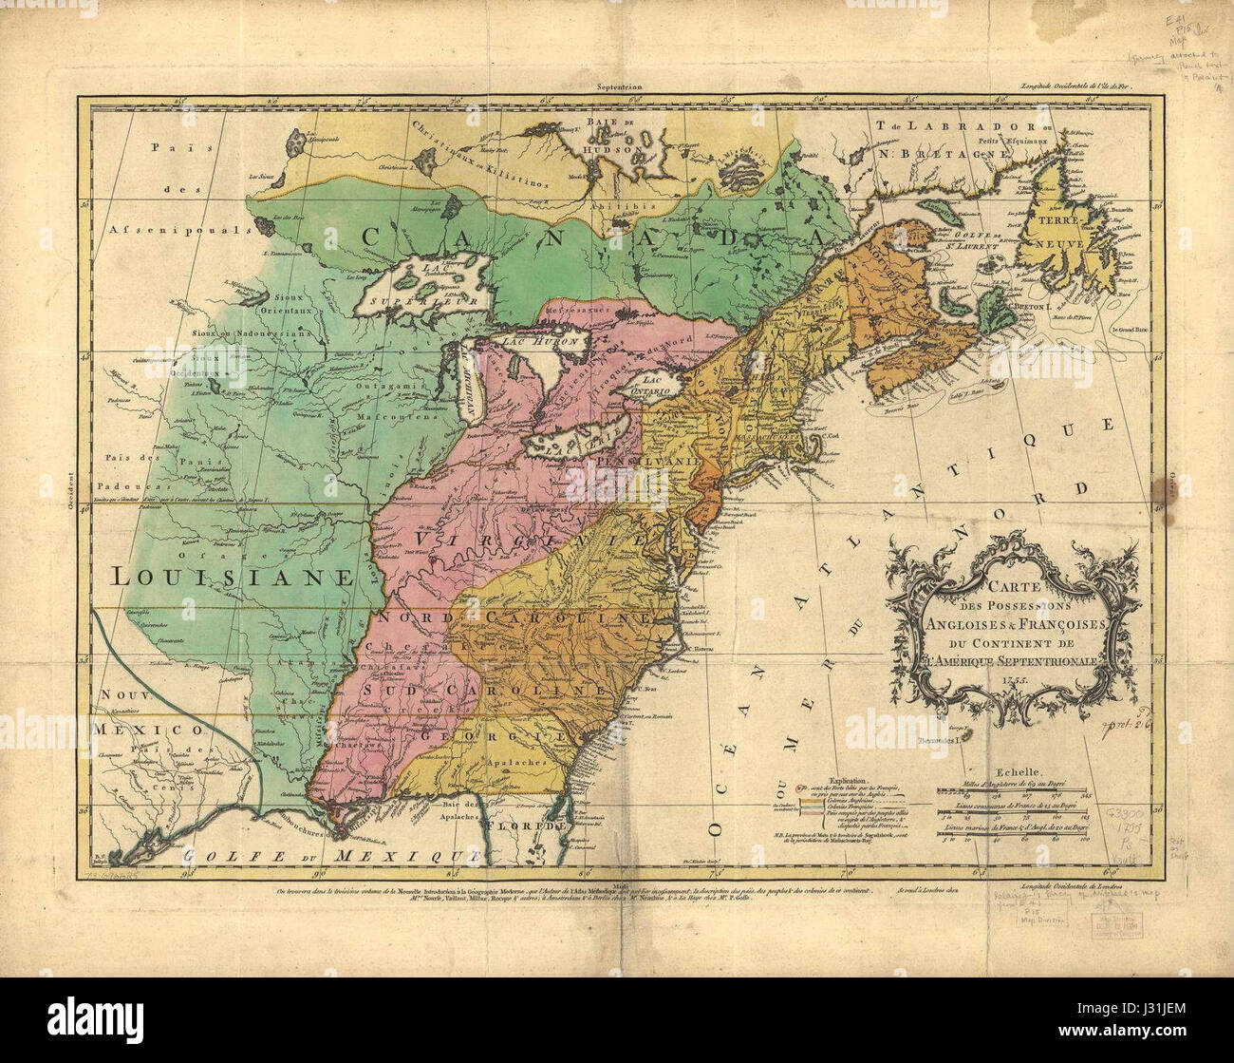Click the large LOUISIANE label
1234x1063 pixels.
tap(232, 575)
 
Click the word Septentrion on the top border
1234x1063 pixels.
tap(619, 86)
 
